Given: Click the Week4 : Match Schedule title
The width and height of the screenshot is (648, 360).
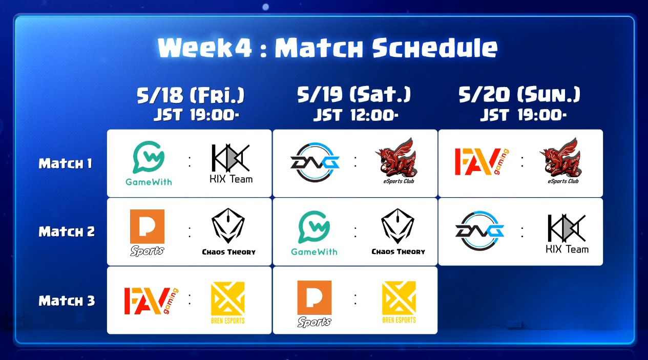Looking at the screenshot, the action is pos(327,48).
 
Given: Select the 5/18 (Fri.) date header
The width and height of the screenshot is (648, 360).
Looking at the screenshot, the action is pos(191,95).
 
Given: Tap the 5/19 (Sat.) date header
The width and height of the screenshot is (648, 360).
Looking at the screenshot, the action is pos(354,94).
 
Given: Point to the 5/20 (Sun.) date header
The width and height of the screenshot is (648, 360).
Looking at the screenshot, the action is pos(519,94).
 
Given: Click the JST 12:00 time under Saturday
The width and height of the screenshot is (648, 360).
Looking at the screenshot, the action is pos(356,115).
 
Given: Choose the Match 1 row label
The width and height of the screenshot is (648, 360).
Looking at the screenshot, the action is pos(66,163).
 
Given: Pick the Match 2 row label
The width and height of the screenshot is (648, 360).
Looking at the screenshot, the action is pos(67,231).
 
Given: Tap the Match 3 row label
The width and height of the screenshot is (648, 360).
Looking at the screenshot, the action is pos(67,301).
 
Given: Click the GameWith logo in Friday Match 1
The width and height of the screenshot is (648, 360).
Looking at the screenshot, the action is pos(149,163).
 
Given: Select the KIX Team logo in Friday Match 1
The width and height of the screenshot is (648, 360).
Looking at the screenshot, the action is pos(231,163).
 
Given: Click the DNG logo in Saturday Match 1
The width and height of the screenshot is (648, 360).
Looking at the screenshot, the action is pos(315,162).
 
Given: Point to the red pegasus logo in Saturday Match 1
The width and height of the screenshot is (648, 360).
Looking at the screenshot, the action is pos(397,161).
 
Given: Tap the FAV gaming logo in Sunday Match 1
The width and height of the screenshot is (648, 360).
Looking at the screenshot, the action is pos(482,162).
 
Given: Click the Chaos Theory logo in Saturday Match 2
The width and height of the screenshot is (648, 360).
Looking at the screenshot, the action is pos(398,231).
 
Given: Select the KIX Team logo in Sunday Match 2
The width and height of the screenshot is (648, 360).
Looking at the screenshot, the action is pos(567,234).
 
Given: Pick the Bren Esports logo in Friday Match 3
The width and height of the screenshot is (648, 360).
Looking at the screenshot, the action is pos(227,303).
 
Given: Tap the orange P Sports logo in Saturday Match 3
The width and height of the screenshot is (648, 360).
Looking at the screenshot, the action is pos(315,304).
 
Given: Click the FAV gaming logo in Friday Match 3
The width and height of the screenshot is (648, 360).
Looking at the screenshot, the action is pos(151,301).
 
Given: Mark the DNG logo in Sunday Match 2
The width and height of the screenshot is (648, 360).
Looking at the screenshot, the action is pos(479,231).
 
